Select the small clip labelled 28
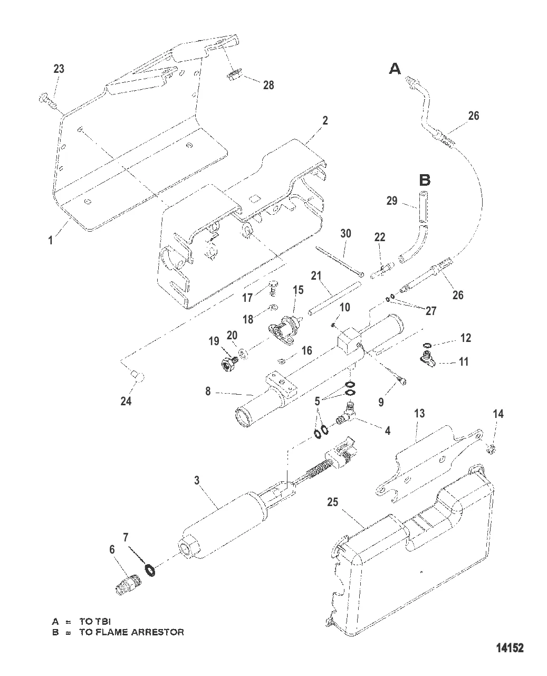point(233,75)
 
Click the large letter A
point(395,68)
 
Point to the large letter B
point(425,180)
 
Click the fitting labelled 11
point(425,359)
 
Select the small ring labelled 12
point(428,346)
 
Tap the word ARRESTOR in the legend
point(158,632)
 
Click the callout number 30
point(346,234)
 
